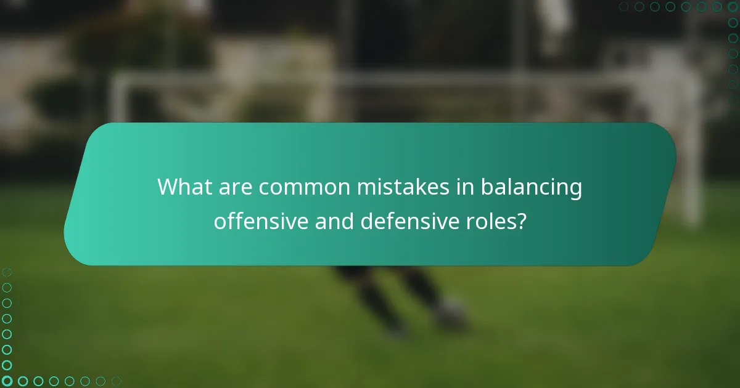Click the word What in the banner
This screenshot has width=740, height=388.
tap(181, 187)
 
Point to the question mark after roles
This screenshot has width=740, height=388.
tap(522, 221)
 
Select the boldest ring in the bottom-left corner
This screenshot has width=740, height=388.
tap(7, 381)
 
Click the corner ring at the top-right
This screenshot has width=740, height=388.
tap(733, 7)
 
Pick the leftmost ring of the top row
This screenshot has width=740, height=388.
tap(623, 7)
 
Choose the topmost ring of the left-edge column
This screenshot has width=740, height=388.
tap(7, 272)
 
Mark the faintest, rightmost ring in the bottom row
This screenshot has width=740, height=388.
tap(116, 381)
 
